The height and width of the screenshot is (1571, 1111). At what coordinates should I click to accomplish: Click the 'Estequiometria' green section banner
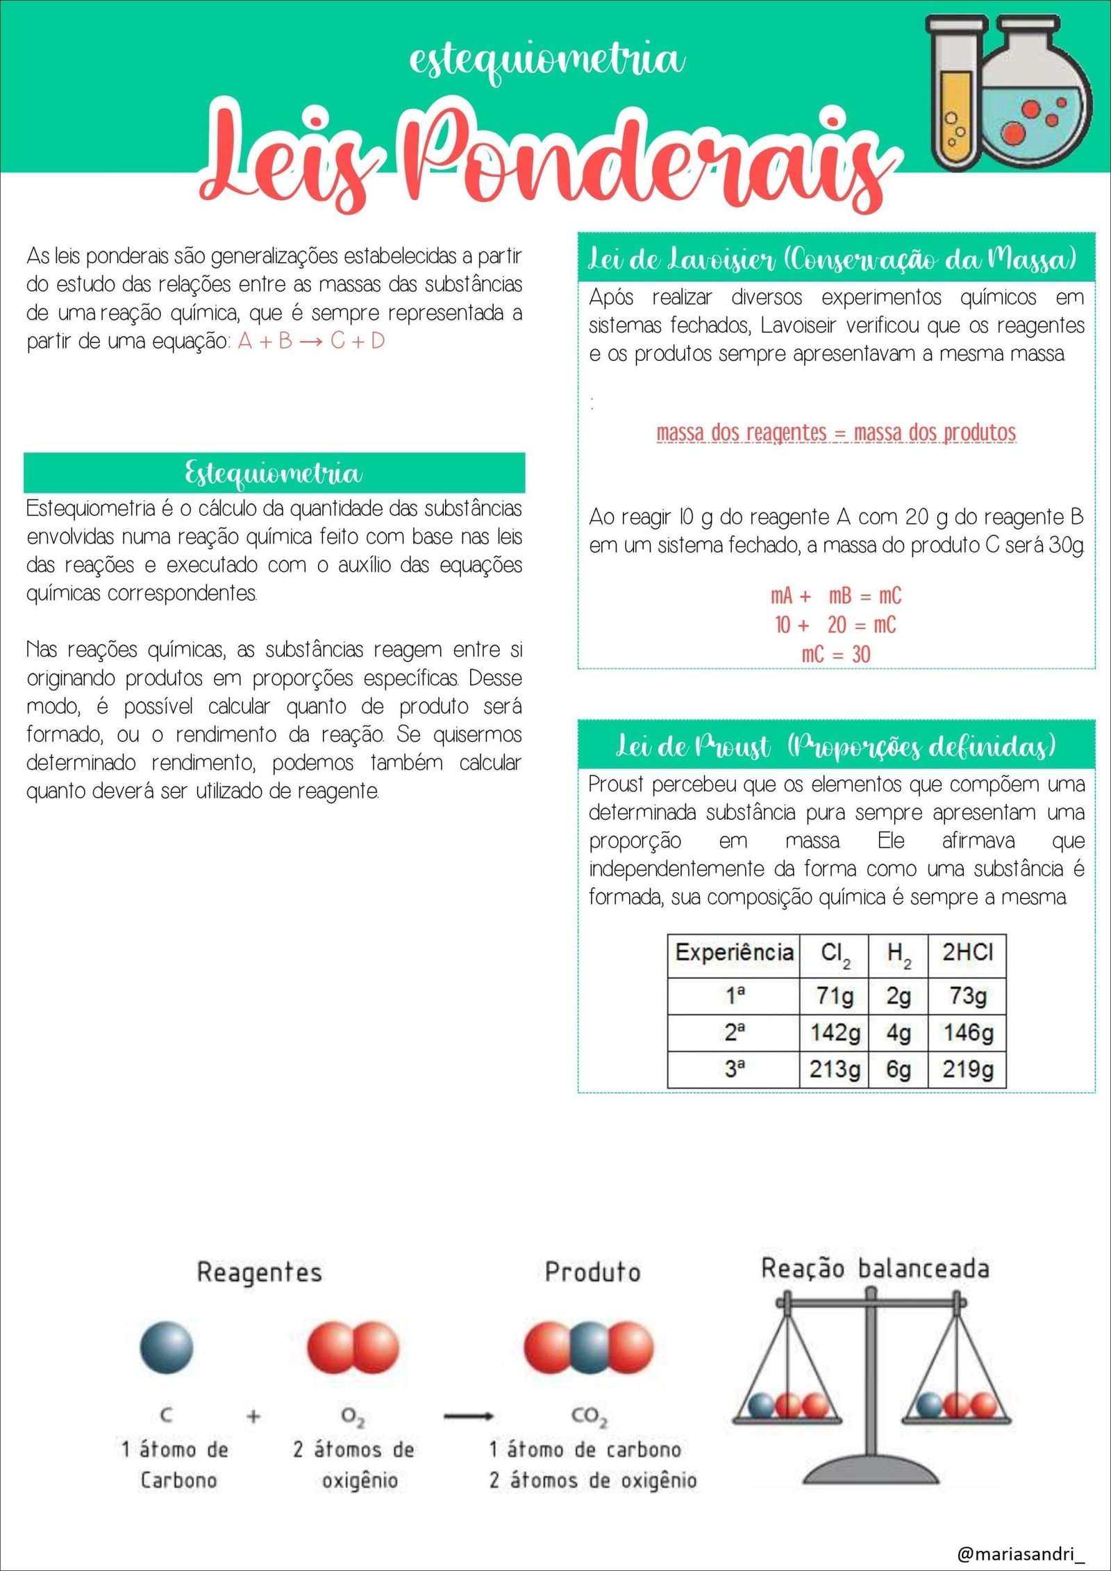(x=274, y=473)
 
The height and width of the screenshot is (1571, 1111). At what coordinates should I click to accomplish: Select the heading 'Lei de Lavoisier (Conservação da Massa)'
(x=833, y=259)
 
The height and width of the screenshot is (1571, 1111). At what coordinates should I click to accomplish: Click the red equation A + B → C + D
(x=311, y=341)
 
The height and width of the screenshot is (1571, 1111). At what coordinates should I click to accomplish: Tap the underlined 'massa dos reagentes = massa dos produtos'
(x=836, y=432)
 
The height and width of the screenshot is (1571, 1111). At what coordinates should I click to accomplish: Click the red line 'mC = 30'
(x=835, y=654)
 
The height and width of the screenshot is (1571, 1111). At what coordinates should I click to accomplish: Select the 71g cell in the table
(x=835, y=996)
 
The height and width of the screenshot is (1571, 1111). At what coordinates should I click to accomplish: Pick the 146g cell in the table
(x=968, y=1033)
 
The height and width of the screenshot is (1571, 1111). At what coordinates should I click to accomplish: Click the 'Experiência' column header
(x=734, y=952)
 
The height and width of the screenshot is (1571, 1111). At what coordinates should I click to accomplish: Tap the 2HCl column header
(x=968, y=952)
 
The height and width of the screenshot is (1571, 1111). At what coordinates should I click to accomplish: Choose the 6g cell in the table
(x=898, y=1070)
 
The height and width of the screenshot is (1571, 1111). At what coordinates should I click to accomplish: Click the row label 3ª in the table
(x=734, y=1070)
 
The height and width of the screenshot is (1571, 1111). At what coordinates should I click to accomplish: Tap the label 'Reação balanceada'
(x=875, y=1268)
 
